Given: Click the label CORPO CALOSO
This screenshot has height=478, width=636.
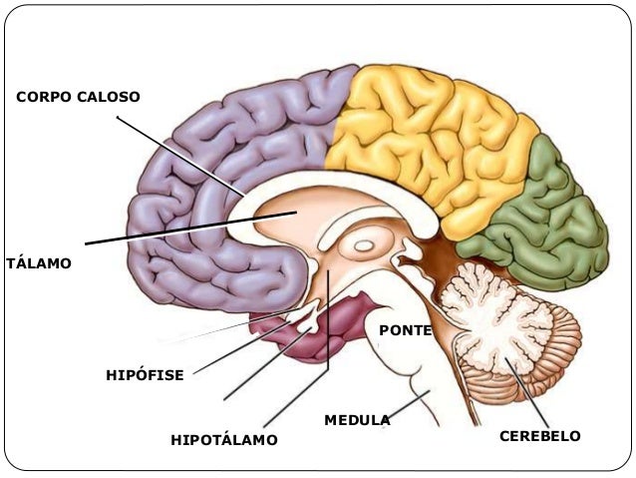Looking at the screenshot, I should point(78,97).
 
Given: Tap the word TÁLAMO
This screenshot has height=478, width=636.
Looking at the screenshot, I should point(39,264).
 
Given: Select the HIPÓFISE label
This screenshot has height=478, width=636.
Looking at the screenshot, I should point(145,375).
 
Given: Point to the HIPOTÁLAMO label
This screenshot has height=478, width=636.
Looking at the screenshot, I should point(223,439).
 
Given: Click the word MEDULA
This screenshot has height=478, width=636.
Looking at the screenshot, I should point(356,420).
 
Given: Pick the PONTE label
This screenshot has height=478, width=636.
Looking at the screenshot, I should point(405,329).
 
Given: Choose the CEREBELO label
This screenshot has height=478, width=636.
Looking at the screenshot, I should point(539,436).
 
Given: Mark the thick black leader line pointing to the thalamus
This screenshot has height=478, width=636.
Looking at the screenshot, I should point(179,229).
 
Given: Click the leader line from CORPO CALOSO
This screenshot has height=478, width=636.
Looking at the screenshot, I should point(179,154).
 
